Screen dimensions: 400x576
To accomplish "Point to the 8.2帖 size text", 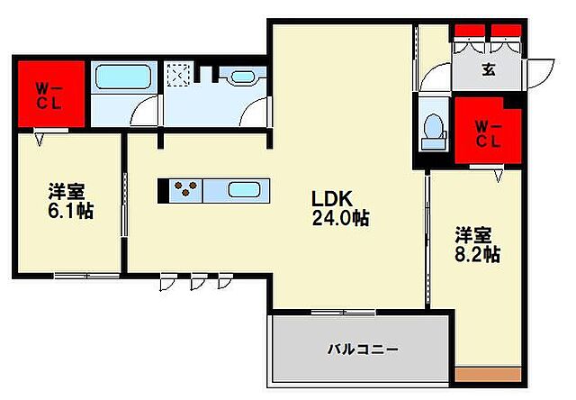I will (477, 255).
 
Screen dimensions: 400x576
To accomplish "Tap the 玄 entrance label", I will (488, 70).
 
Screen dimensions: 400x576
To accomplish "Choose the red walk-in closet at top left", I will (50, 93).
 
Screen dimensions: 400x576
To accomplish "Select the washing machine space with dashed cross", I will (176, 74).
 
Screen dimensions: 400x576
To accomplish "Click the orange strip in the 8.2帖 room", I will (488, 374).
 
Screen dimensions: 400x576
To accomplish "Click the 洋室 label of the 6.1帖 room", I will (67, 191).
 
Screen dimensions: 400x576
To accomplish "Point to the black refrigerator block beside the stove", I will (164, 190).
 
